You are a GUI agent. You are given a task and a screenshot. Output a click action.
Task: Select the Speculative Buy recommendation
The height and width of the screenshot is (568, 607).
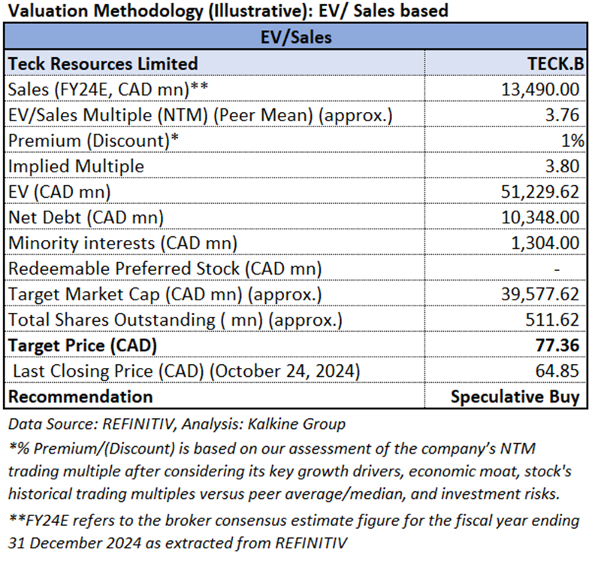[515, 396]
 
